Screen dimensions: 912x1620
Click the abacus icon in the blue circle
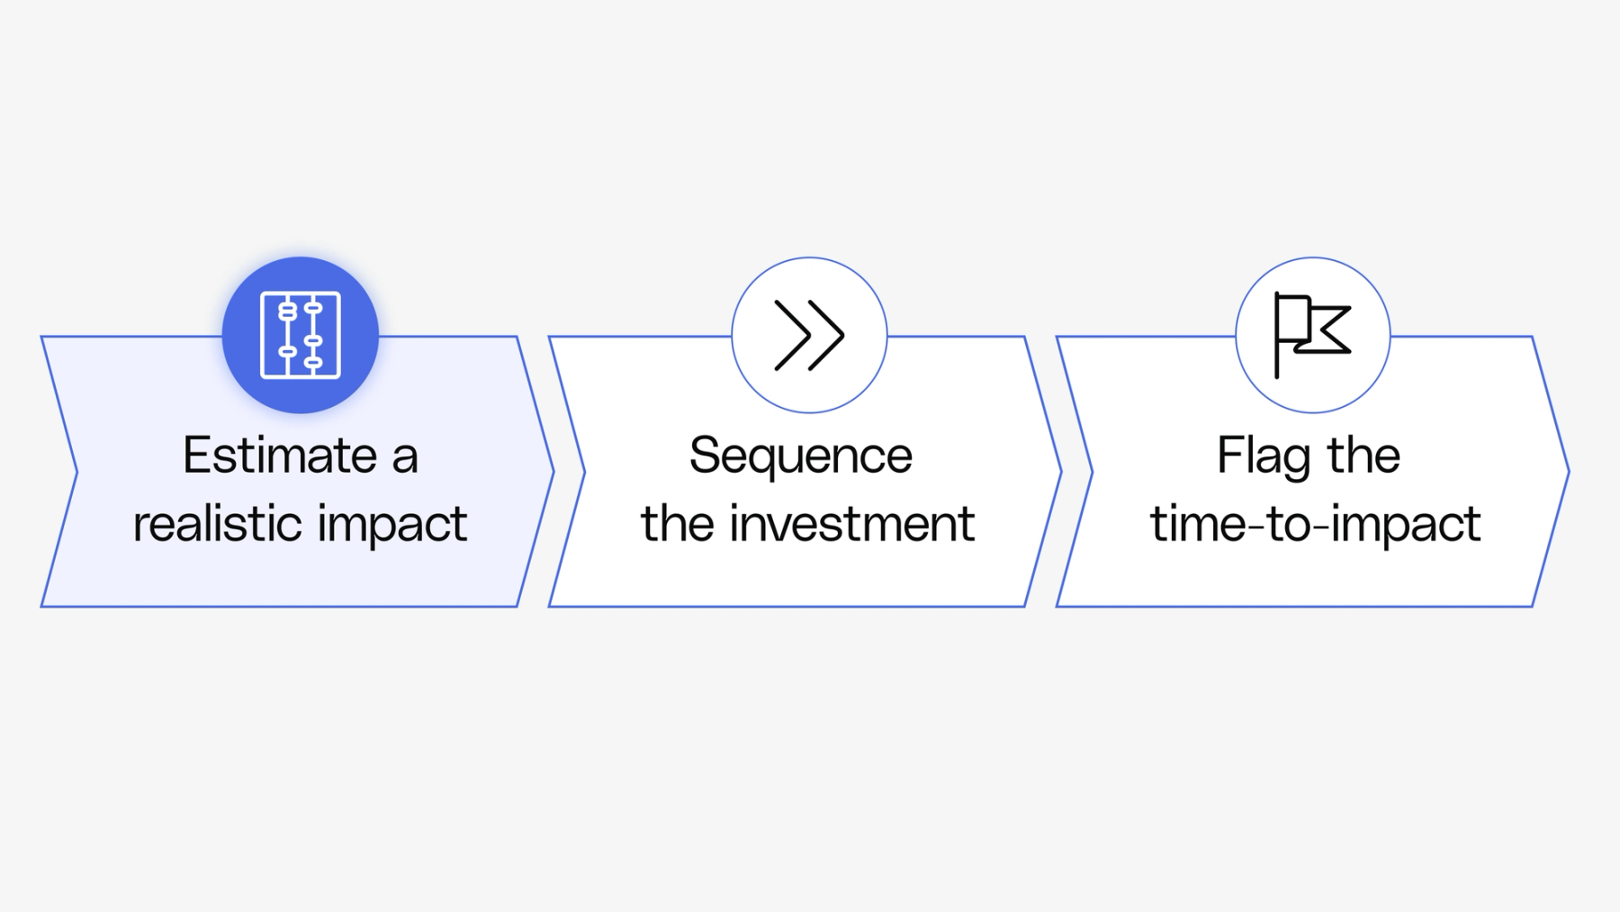tap(301, 335)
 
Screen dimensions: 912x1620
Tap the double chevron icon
tap(809, 335)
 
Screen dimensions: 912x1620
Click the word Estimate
tap(280, 456)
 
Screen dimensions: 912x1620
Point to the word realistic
tap(216, 524)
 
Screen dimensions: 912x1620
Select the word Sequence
tap(801, 456)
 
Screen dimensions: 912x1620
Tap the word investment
tap(851, 524)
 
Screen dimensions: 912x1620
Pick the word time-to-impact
tap(1315, 524)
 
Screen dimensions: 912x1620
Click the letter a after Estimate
tap(405, 457)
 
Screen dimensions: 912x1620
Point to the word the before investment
tap(677, 524)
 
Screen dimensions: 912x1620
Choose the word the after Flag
tap(1363, 456)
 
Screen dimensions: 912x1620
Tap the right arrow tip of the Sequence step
tap(1058, 471)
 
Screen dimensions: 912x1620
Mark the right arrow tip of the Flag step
tap(1566, 471)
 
